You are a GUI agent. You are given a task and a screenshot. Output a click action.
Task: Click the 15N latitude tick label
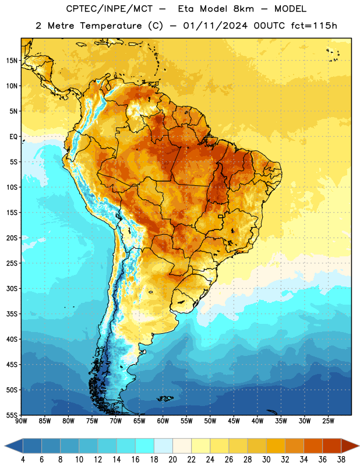coord(12,61)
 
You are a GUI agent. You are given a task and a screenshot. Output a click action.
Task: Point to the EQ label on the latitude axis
coord(13,137)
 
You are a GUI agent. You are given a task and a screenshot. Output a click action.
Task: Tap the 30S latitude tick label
coord(12,288)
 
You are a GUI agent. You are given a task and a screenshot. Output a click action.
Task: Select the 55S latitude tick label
coord(12,415)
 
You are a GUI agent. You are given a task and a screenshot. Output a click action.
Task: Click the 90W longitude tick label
coord(21,421)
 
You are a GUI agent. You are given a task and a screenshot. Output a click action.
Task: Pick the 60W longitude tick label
coord(163,421)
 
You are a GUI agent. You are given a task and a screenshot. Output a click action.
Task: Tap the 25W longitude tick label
coord(328,421)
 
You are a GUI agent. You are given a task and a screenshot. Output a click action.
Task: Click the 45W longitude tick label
coord(234,421)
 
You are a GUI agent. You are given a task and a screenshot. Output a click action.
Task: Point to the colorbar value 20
coord(172,460)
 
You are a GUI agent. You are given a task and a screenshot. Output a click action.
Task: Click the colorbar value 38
coord(341,460)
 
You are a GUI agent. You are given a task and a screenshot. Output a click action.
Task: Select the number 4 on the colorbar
coord(23,460)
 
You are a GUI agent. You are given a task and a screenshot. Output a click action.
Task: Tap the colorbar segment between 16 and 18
coord(145,446)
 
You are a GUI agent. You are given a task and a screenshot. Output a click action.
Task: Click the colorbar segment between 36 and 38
coord(332,446)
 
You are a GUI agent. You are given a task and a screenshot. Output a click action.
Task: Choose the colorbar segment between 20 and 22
coord(182,446)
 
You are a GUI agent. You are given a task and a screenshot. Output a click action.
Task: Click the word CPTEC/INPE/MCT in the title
coord(110,9)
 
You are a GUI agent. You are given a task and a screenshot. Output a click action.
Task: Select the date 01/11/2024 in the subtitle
coord(215,26)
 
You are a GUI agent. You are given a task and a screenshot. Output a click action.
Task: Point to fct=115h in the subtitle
coord(314,26)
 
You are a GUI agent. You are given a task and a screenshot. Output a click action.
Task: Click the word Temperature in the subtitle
coord(111,26)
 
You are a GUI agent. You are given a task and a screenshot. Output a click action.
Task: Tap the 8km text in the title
coord(243,9)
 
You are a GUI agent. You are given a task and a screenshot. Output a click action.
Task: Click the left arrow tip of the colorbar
coord(5,446)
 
